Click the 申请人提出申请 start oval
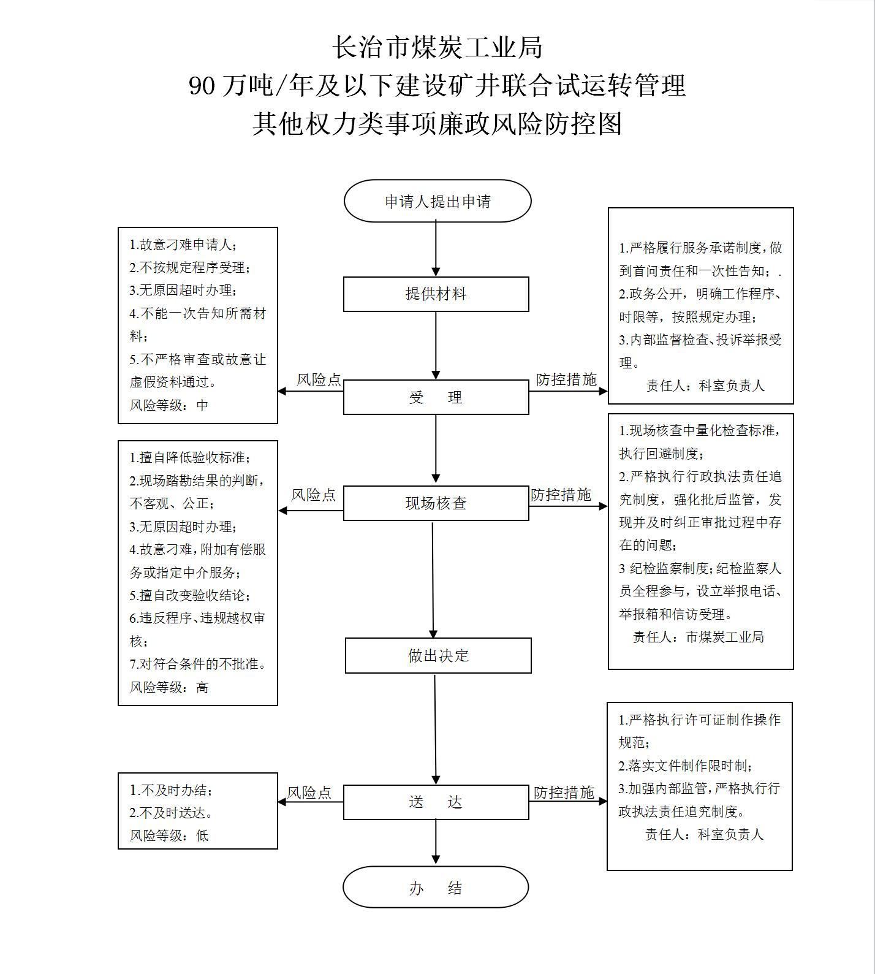tap(438, 201)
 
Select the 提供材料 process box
tap(436, 294)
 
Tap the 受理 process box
tap(436, 397)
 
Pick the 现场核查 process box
tap(436, 503)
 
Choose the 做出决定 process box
tap(438, 655)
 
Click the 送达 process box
tap(436, 802)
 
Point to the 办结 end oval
tap(436, 887)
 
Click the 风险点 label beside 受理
tap(319, 380)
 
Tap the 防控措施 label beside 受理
tap(566, 380)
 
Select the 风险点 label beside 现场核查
tap(313, 495)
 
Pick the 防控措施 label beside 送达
tap(564, 793)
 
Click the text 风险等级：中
tap(169, 405)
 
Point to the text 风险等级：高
tap(169, 687)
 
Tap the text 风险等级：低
tap(169, 835)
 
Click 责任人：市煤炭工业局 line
tap(699, 637)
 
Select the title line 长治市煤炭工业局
tap(438, 47)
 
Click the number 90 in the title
tap(202, 86)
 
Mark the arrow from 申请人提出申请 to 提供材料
tap(436, 249)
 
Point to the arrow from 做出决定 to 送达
tap(436, 729)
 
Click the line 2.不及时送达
tap(172, 813)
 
